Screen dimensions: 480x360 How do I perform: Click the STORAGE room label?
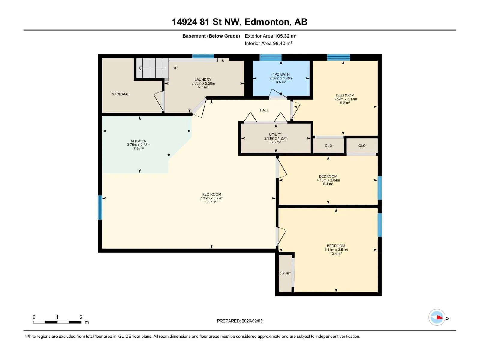[121, 94]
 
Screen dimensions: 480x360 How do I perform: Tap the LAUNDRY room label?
[203, 79]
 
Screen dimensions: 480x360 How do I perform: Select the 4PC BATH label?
[281, 74]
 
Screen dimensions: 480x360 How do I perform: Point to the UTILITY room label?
[276, 134]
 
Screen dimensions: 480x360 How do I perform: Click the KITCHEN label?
[139, 141]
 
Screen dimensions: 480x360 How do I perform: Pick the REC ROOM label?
[211, 194]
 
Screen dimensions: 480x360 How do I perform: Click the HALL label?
[264, 110]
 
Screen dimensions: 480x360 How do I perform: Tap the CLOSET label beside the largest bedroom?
[285, 274]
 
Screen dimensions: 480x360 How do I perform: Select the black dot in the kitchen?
[169, 155]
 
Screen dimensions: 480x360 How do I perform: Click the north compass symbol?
[437, 317]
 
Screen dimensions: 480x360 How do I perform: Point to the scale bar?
[57, 322]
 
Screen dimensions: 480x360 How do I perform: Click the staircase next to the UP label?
[153, 68]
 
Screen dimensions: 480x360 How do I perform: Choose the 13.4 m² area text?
[336, 254]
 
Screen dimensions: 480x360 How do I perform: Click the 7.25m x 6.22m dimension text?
[211, 199]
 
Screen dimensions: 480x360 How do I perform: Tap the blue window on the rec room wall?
[100, 207]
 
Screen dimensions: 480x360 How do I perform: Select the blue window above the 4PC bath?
[271, 57]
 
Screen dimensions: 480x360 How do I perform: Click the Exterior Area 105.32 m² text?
[271, 36]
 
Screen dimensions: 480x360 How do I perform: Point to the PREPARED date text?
[240, 321]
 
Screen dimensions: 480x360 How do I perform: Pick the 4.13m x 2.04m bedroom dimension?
[328, 180]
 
